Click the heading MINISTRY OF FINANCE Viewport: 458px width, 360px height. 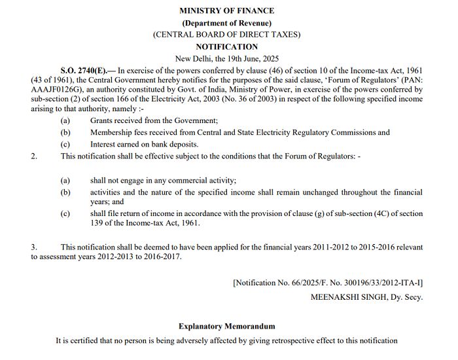tap(227, 10)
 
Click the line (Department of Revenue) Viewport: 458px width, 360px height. tap(227, 23)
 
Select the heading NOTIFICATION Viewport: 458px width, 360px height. tap(227, 47)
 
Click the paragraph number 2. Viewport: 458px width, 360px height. tap(33, 156)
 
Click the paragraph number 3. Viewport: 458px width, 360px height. tap(33, 247)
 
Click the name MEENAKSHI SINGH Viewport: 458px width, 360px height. tap(346, 297)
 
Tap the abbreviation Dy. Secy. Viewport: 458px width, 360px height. tap(405, 297)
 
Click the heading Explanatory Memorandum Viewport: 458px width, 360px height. tap(227, 326)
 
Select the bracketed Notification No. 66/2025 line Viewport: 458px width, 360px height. tap(327, 283)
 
